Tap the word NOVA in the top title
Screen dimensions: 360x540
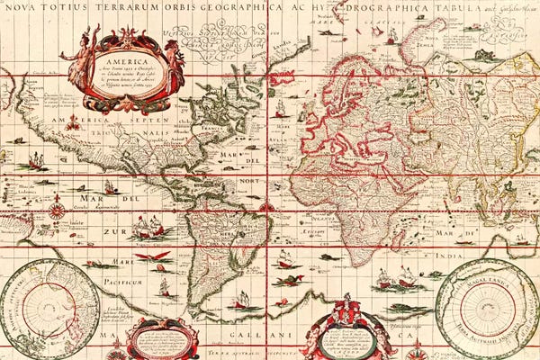click(21, 10)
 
